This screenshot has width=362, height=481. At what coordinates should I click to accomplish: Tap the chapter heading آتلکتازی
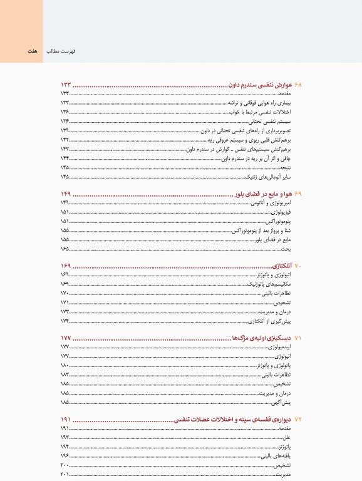point(281,266)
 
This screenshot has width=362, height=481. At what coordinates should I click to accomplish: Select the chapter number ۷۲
point(298,418)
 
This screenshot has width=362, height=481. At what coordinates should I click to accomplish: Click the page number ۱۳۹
point(65,130)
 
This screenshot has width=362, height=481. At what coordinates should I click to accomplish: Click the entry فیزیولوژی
point(279,213)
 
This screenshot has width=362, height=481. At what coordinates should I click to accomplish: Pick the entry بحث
point(287,249)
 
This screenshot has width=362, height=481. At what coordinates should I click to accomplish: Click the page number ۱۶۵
point(65,249)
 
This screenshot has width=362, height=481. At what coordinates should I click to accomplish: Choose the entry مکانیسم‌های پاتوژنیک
point(271,284)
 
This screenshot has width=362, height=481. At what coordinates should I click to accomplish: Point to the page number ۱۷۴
point(65,320)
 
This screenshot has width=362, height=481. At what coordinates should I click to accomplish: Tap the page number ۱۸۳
point(65,374)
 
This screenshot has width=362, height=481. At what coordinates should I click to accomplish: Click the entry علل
point(287,437)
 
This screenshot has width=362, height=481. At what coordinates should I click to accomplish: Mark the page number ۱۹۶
point(65,456)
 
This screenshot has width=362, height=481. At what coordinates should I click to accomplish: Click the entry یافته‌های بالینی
point(277,456)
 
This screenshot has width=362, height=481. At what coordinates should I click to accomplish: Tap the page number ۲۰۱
point(65,475)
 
